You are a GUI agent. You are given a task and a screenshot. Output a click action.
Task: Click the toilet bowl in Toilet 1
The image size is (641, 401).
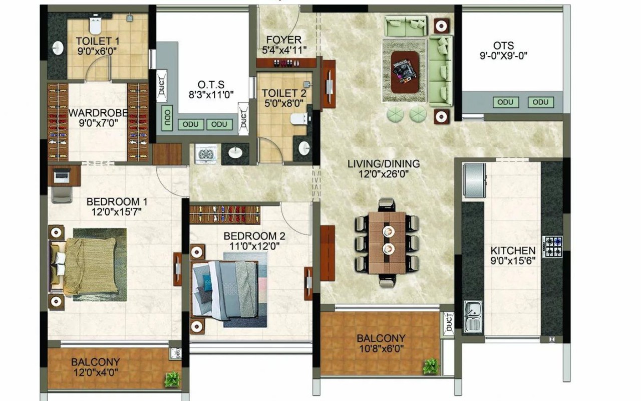point(95,25)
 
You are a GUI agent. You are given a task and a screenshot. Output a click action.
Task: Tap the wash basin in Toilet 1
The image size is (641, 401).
point(58,48)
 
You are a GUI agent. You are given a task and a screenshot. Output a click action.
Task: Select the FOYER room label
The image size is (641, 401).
point(283,40)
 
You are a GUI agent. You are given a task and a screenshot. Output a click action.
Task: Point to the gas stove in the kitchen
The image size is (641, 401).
point(552,246)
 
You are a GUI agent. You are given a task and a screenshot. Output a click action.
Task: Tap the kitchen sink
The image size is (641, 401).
point(473,317)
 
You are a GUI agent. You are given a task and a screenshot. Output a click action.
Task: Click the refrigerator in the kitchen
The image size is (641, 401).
point(474,180)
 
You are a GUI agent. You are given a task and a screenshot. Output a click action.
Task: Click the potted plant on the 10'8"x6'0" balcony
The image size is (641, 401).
point(431,366)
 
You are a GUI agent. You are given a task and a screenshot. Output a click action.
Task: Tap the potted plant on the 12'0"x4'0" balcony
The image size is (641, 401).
point(172,379)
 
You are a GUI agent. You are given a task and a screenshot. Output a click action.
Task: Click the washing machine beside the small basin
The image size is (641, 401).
point(206,154)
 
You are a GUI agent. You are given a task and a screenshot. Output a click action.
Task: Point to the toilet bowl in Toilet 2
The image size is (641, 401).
point(299,119)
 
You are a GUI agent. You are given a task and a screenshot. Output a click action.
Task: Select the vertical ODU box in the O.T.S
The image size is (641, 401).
point(167,118)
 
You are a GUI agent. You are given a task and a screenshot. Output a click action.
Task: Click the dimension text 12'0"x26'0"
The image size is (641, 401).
point(383,174)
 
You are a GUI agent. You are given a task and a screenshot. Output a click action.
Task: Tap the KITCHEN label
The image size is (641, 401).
point(513,251)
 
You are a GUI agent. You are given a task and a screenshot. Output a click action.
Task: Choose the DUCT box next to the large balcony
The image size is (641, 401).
point(448,322)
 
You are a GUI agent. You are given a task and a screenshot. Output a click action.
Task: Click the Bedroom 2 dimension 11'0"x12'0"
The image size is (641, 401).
point(254,246)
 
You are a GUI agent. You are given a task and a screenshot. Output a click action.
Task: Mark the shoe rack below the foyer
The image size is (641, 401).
point(286,63)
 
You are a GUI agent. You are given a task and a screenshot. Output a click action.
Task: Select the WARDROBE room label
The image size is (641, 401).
point(98,113)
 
